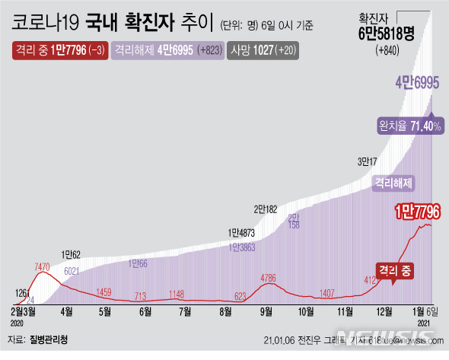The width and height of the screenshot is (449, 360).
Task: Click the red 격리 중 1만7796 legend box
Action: point(59,52)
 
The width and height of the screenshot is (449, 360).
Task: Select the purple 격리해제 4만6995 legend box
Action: point(167,52)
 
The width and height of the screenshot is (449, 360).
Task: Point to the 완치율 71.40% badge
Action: point(410,126)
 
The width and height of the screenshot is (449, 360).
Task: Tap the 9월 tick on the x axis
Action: point(266,311)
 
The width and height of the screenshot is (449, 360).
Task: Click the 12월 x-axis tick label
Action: point(384,311)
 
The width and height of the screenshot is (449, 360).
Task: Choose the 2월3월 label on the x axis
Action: point(25,311)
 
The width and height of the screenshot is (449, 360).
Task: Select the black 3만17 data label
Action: point(368,161)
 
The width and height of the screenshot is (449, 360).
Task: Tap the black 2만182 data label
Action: point(269,208)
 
